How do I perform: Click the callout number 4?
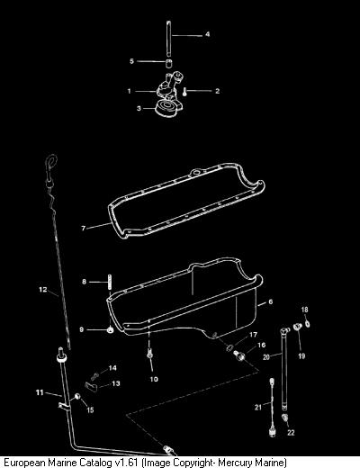[207, 34]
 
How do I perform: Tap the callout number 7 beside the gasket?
[84, 229]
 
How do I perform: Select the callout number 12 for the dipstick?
[43, 290]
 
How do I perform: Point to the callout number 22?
[291, 433]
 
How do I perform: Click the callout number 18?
[304, 310]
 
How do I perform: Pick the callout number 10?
[154, 379]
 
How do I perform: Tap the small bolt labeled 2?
[184, 92]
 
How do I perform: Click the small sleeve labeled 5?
[169, 63]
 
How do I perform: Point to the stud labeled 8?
[110, 283]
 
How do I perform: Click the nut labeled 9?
[110, 330]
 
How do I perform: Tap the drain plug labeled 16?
[239, 355]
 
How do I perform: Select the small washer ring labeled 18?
[307, 324]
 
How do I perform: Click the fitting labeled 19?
[297, 326]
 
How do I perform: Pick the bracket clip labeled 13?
[92, 387]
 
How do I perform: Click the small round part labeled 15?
[77, 397]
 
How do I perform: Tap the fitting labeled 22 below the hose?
[284, 418]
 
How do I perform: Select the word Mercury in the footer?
[235, 463]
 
